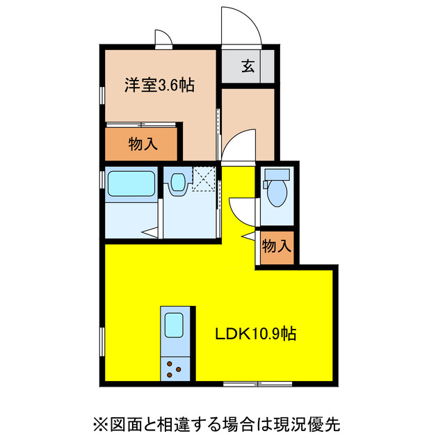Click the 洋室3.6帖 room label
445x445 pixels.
click(159, 86)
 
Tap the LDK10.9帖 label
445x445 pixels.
click(254, 334)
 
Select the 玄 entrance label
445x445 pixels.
click(248, 67)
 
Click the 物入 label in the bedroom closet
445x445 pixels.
click(143, 145)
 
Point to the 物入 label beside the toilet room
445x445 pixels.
click(276, 247)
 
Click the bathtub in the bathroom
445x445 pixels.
click(131, 185)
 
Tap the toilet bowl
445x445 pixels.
click(277, 194)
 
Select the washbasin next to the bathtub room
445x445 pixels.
click(177, 183)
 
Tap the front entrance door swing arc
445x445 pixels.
click(240, 28)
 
